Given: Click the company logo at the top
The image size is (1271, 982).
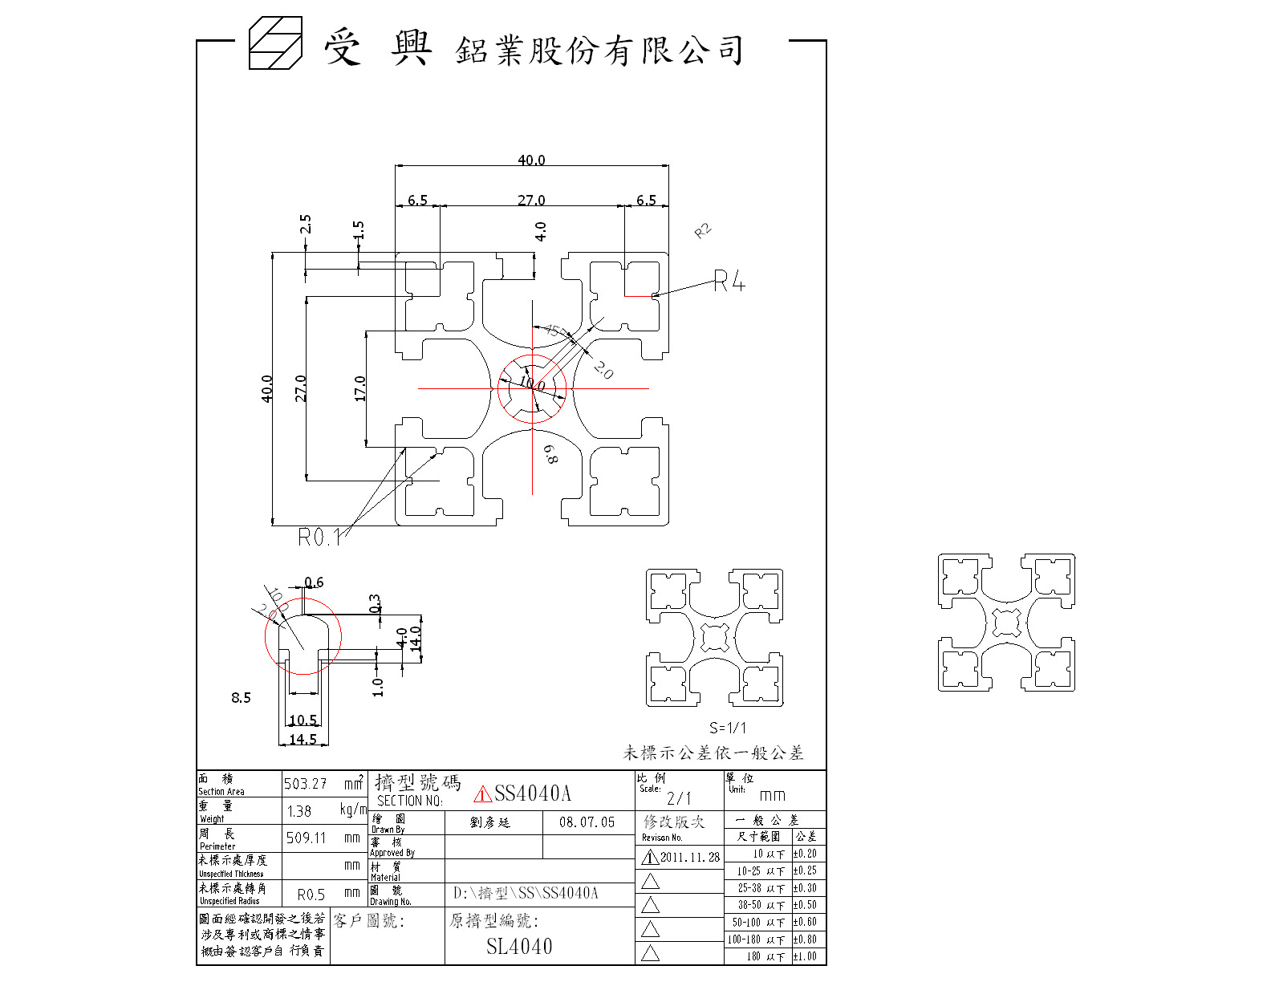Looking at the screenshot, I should click(x=274, y=43).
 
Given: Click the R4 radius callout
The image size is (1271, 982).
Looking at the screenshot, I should click(x=729, y=282).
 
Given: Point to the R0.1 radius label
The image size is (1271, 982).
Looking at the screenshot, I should click(x=319, y=538).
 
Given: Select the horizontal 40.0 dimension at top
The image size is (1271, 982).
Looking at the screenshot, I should click(x=531, y=160).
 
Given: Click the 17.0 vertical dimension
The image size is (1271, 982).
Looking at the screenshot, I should click(x=360, y=388).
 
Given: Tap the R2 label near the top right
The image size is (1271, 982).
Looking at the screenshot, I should click(x=703, y=232).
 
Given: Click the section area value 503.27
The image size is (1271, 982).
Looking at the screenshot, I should click(x=305, y=784).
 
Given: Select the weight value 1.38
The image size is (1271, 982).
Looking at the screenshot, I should click(x=299, y=811).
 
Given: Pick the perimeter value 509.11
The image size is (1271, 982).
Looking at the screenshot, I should click(x=307, y=838).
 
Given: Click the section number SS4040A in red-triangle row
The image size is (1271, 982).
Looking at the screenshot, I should click(x=532, y=793).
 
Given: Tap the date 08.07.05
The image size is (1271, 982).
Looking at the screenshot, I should click(x=587, y=822).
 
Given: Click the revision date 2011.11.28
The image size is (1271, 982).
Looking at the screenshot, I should click(x=689, y=857).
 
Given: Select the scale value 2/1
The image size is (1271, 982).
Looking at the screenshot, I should click(x=679, y=798).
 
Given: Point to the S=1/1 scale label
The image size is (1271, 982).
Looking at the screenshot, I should click(x=728, y=728).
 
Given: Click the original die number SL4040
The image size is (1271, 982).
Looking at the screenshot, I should click(x=519, y=947).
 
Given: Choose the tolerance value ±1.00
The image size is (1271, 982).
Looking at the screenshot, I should click(x=805, y=956).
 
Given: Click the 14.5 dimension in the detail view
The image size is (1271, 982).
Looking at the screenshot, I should click(x=303, y=740).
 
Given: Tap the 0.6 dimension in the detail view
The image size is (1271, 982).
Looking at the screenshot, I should click(x=314, y=582).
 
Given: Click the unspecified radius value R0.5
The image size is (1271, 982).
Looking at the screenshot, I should click(x=311, y=895).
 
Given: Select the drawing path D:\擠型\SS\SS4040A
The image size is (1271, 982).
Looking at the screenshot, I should click(x=526, y=893).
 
